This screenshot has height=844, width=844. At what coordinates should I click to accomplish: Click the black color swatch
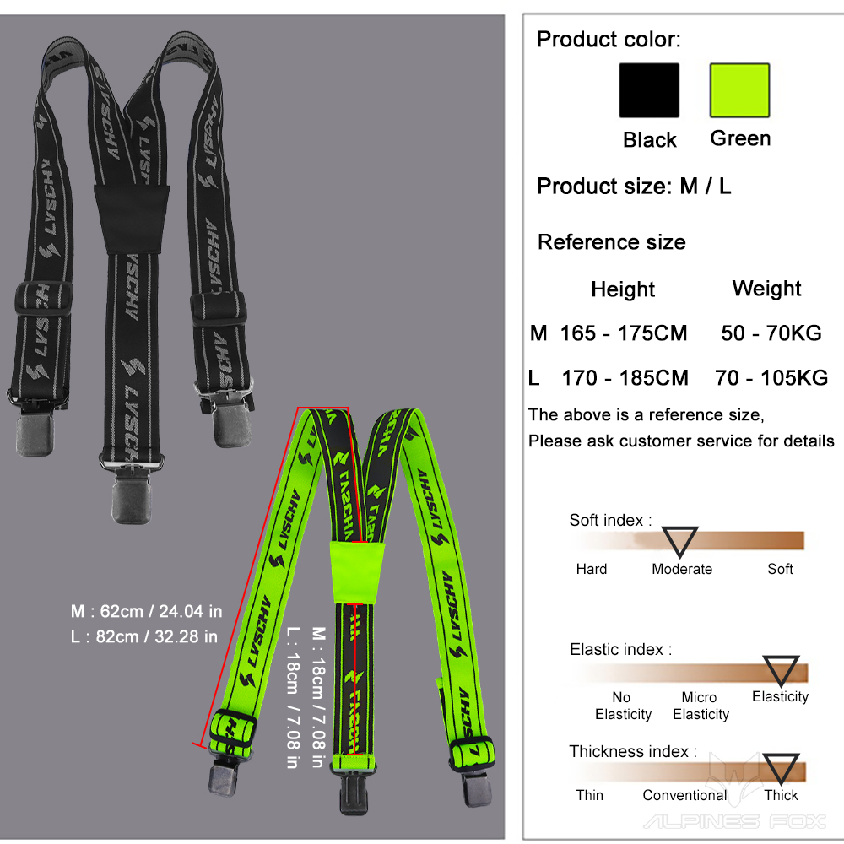point(649,90)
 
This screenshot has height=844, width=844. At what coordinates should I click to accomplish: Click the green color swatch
point(739,90)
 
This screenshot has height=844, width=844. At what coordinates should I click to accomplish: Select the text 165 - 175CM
point(624,333)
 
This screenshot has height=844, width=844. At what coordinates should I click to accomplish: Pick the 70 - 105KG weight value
point(771,377)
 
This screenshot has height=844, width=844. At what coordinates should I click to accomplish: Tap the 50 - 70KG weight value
point(771,333)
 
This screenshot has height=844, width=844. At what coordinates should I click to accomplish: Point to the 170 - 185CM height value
point(625,377)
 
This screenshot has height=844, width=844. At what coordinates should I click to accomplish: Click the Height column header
point(623,289)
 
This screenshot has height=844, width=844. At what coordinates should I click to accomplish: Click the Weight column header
point(766,289)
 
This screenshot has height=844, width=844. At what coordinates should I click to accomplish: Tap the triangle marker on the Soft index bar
point(679,539)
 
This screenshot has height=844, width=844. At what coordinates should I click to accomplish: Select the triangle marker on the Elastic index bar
point(781,668)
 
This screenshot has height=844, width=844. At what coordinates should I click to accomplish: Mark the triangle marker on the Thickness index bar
point(782,768)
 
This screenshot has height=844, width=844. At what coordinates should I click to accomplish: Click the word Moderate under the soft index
point(682,569)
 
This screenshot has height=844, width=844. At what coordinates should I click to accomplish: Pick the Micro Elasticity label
point(701,706)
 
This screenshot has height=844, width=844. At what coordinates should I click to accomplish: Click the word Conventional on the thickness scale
point(684,795)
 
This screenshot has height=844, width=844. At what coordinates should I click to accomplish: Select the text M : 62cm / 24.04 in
point(146,610)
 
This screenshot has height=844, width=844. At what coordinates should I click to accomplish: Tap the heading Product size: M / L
point(634,187)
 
